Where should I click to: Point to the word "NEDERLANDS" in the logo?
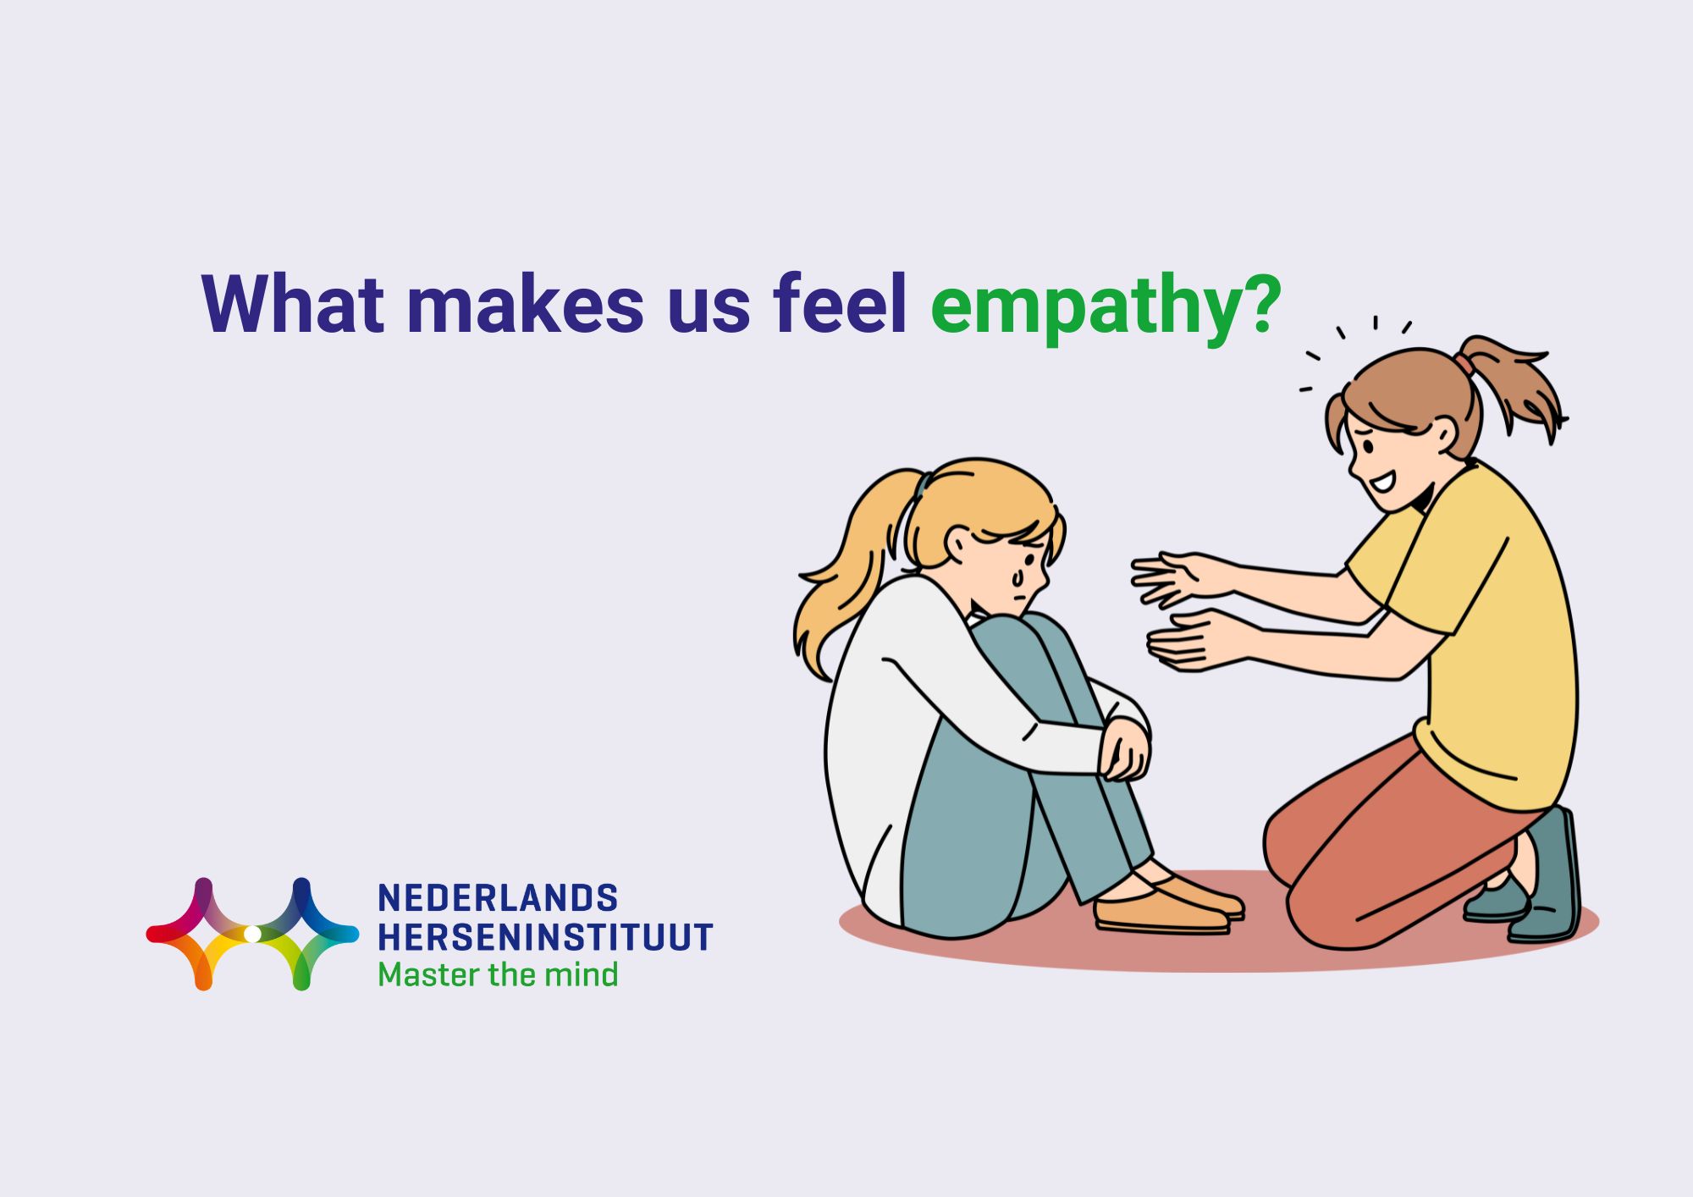tap(498, 898)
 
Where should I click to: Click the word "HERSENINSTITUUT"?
tap(545, 937)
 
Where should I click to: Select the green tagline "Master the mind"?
tap(498, 975)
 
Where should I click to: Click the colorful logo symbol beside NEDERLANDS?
tap(252, 934)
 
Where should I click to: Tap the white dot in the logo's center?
tap(252, 934)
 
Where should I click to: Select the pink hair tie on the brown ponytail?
tap(1464, 365)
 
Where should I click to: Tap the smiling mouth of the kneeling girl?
tap(1381, 483)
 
